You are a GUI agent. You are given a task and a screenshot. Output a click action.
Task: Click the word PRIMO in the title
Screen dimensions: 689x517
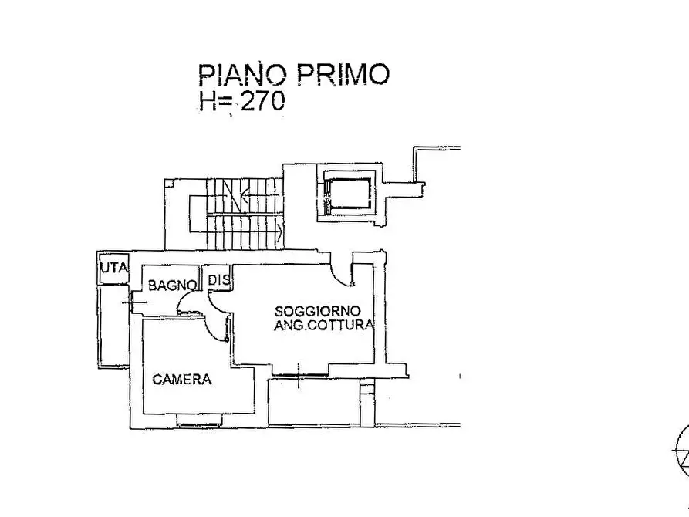[343, 74]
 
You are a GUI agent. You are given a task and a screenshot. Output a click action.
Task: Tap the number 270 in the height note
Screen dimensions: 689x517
[263, 100]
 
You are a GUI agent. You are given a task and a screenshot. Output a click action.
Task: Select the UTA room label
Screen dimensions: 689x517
[114, 267]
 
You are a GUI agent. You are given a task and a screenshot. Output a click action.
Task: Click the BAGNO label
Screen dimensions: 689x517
[172, 286]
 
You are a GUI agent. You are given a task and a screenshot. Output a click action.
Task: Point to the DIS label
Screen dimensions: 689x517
[218, 280]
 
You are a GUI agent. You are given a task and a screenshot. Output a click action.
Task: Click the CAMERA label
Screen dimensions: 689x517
[181, 380]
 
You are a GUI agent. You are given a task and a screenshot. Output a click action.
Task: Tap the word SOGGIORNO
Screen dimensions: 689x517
[317, 311]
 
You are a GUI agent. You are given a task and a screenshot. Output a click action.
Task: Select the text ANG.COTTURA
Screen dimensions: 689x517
[324, 326]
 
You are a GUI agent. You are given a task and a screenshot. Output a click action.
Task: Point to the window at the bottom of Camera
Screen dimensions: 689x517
[198, 420]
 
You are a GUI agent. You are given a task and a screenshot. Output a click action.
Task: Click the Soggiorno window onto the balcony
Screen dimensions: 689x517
[299, 375]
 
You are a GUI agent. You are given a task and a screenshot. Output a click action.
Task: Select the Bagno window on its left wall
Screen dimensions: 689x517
[130, 302]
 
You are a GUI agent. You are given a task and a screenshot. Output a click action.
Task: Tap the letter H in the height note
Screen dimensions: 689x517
[207, 101]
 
